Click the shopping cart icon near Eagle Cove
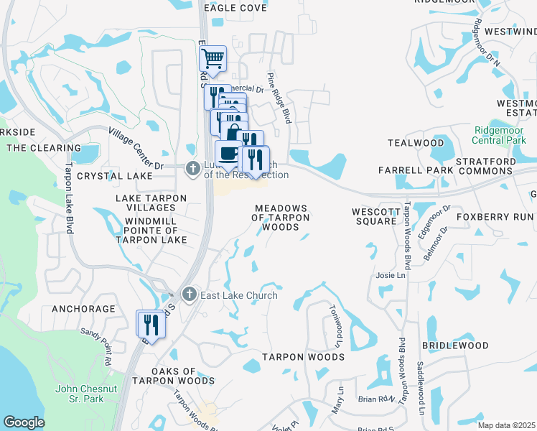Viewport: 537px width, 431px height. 213,58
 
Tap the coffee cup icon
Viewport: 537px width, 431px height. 228,154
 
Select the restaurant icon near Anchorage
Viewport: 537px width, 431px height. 151,323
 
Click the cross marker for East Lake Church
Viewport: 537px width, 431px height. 189,293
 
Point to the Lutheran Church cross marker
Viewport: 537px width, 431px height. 192,169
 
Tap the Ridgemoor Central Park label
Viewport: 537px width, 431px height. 504,135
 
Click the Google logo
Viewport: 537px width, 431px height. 24,422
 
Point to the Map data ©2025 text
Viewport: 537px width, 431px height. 506,425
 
